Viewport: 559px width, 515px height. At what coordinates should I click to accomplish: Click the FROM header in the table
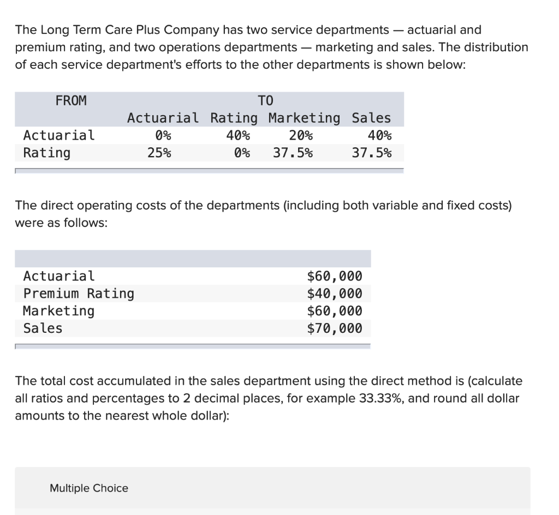71,100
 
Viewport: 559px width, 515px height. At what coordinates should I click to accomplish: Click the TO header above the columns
265,100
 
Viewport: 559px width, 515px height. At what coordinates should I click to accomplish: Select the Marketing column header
304,118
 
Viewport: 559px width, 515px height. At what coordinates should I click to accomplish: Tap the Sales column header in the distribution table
371,118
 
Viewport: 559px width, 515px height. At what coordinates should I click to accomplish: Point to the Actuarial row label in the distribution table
59,135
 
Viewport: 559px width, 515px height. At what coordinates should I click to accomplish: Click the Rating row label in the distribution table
47,152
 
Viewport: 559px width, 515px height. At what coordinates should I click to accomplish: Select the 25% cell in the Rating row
159,152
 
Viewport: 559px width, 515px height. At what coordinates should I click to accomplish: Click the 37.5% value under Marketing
293,152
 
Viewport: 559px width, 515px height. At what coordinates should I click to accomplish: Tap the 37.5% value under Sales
371,152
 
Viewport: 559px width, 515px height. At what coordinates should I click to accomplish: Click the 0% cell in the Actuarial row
163,135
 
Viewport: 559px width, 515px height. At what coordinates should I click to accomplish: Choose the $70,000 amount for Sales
335,328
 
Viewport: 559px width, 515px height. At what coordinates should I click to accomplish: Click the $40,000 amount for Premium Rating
335,294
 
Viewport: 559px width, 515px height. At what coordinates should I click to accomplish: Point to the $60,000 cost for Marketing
335,311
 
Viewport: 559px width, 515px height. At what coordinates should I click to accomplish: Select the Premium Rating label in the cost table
79,294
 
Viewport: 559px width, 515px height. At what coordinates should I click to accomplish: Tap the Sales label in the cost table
43,328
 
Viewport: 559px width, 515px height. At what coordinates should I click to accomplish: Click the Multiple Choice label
89,488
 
